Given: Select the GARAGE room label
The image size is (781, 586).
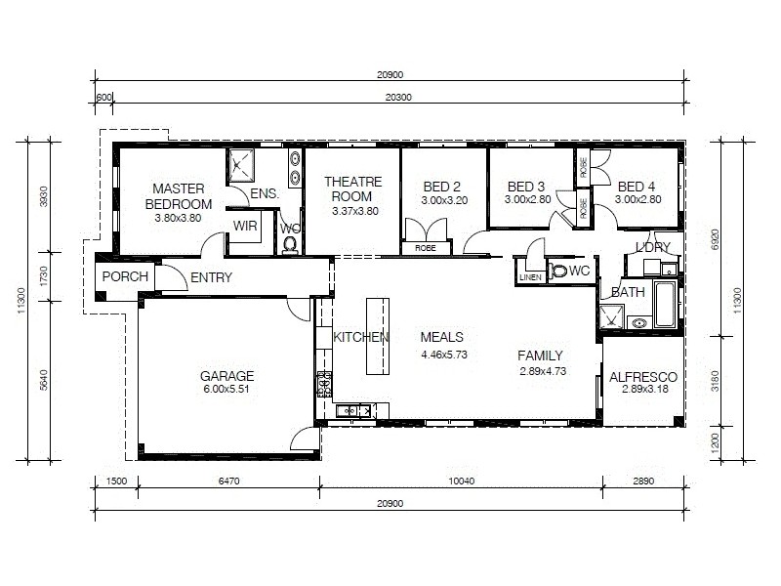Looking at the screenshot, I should point(226,375).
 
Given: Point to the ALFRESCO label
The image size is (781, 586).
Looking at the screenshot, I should point(642,377).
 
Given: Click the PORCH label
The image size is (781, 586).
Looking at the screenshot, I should point(125,276).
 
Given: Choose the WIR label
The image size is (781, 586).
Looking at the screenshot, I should point(244,225).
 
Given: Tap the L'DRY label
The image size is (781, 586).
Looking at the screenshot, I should point(653,247).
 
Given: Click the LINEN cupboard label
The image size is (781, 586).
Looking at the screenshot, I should point(529,277).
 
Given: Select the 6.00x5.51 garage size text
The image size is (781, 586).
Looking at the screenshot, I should point(226,390).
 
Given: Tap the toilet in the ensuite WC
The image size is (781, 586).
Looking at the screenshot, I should point(290,243).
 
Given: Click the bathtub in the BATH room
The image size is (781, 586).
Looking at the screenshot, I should point(664,305).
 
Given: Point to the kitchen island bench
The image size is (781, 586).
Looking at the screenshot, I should point(378,336).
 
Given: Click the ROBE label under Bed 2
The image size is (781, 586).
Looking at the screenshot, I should point(426,249).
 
